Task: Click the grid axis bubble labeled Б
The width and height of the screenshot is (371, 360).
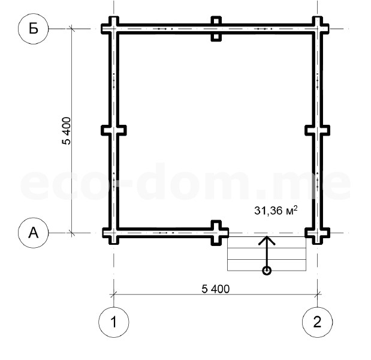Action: coord(34,29)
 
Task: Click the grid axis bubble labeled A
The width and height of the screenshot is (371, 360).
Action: coord(34,233)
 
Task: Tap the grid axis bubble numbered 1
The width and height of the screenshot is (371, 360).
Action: coord(114,322)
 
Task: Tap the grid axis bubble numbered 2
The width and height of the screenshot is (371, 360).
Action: coord(317,322)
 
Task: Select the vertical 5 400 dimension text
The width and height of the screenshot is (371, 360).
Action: coord(67,131)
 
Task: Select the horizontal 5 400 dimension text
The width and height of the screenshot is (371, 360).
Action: coord(216,289)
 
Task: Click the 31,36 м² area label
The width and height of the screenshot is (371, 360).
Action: coord(276,210)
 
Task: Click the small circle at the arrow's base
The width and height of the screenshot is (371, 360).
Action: coord(267,271)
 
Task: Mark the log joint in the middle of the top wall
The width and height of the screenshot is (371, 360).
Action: coord(216,29)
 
